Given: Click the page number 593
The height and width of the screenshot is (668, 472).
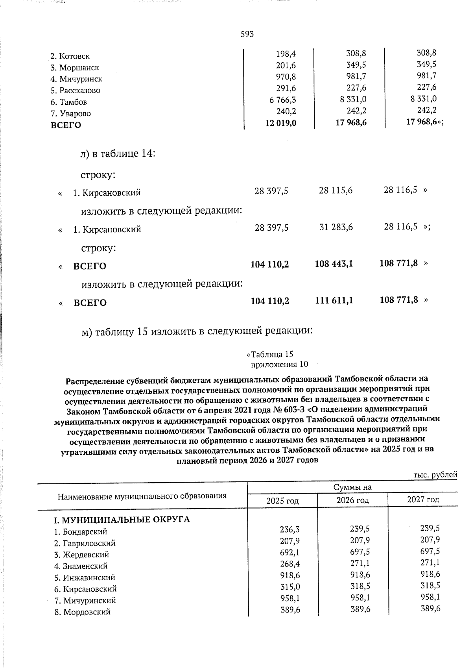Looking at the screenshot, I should click(247, 34).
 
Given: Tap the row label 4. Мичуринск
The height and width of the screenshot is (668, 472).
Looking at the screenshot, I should click(76, 79).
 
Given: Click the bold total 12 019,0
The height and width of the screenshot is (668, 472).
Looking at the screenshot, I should click(281, 124).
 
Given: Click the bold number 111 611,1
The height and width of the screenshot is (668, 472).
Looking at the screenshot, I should click(334, 301).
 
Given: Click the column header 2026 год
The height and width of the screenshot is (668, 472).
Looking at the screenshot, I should click(352, 500).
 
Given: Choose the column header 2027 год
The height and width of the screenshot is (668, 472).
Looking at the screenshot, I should click(423, 500).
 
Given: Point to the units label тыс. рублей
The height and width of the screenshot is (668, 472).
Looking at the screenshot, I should click(435, 475).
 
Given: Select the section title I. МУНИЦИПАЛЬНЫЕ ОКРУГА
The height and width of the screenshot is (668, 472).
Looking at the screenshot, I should click(122, 520).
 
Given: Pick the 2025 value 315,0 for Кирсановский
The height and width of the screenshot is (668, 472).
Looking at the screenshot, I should click(290, 587).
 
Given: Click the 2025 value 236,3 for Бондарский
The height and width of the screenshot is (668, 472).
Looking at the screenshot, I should click(290, 530).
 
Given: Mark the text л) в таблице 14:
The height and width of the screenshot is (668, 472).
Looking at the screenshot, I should click(118, 153).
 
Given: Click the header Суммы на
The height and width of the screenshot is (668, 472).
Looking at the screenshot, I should click(352, 488).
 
